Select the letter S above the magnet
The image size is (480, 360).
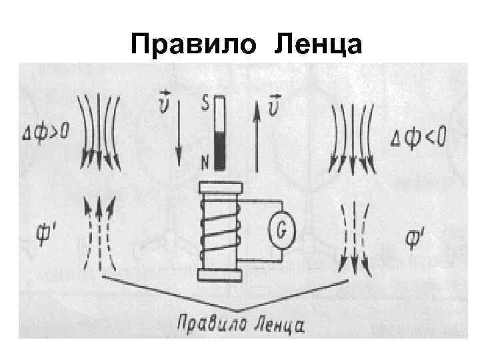tap(206, 104)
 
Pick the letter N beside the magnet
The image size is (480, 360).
tap(206, 160)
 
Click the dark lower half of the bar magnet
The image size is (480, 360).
tap(220, 150)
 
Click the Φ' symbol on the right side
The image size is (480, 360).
tap(418, 237)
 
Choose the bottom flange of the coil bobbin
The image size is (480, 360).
tap(219, 274)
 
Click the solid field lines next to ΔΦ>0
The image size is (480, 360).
tap(98, 130)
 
